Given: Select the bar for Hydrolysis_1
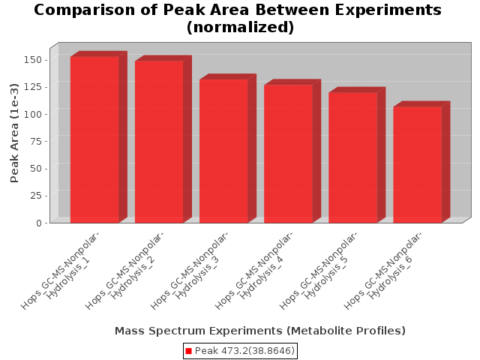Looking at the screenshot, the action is tap(94, 139).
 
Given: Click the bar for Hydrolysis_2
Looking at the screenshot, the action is tap(159, 142).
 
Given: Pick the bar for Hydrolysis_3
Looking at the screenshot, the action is tap(223, 151).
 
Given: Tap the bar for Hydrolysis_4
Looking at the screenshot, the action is tap(288, 154).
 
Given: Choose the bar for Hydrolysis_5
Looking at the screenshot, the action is tap(353, 157).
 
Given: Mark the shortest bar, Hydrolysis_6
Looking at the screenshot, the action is tap(418, 165).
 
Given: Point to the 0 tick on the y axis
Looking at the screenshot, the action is tap(39, 223).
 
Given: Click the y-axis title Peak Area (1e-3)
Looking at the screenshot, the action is tap(14, 133).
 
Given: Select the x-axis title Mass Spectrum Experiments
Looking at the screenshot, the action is tap(260, 331).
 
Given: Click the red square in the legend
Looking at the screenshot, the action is tap(188, 351).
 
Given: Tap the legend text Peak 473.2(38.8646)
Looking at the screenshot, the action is tap(244, 351).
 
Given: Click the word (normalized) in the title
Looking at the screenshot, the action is tap(240, 27).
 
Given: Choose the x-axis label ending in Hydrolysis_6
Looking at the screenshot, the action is tap(382, 270).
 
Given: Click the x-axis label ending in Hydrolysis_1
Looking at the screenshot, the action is tap(60, 270).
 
